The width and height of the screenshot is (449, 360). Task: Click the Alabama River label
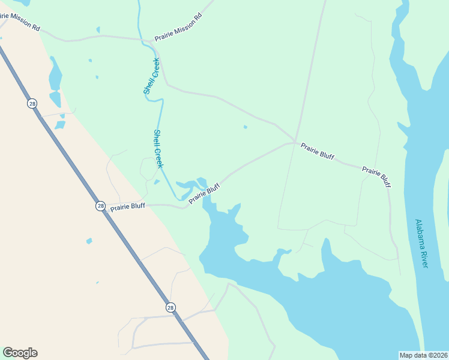point(421,243)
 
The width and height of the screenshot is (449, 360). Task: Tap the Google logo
point(20,353)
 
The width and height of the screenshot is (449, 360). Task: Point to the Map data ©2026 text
point(424,355)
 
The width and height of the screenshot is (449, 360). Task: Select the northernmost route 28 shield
point(32,104)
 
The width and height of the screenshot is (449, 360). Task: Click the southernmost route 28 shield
point(171,307)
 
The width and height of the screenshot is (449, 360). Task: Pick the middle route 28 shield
point(100,206)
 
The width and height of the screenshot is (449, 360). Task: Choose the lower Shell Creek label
point(158,148)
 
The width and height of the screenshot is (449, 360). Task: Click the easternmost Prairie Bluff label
point(377,178)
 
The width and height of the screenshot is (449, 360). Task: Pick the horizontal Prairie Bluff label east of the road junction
point(318,151)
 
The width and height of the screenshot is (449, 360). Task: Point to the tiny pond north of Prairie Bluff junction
point(245,127)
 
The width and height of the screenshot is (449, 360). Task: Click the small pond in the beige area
point(89,241)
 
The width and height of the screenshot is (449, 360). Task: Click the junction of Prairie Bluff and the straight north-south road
point(295,142)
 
